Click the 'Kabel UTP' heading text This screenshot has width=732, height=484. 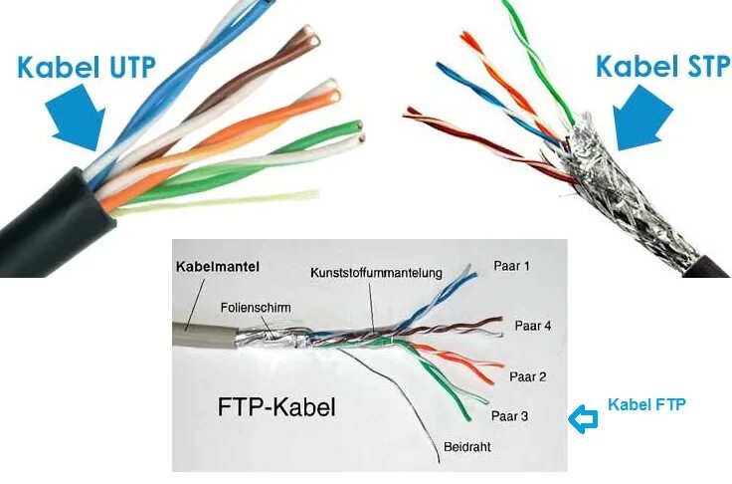click(x=86, y=69)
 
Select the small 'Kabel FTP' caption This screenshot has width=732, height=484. click(x=646, y=404)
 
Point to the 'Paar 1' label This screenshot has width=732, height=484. click(x=512, y=267)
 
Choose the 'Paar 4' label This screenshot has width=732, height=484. click(x=533, y=326)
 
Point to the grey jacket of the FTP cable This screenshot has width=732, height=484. click(x=199, y=334)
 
